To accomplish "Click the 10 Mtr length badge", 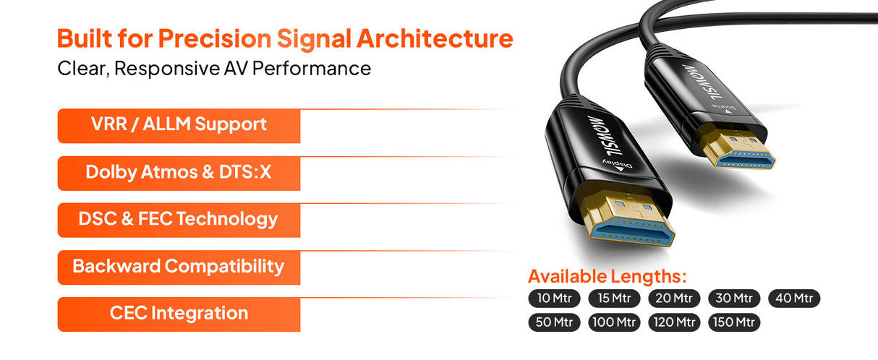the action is (x=554, y=298).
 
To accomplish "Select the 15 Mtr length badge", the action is (x=614, y=298).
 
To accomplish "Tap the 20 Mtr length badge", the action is (x=674, y=298).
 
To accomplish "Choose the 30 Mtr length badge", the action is (x=734, y=298).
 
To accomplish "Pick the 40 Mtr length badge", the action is (x=794, y=298).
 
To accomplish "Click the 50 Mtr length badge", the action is (x=554, y=322).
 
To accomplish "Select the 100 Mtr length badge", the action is (x=614, y=322).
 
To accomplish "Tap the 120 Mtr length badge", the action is (x=674, y=322).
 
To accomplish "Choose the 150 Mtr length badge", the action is (x=734, y=322).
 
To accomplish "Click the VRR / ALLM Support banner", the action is (x=179, y=126).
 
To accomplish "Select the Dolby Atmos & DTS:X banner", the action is (x=179, y=173).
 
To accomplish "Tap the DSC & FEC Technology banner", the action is (x=179, y=220).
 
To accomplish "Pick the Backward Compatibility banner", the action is (x=179, y=267).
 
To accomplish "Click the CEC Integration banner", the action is (x=179, y=314).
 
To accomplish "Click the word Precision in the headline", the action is (x=215, y=39).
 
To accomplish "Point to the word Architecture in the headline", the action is (x=435, y=39).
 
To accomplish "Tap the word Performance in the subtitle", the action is (x=312, y=69).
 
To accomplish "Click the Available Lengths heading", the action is (x=608, y=277).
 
